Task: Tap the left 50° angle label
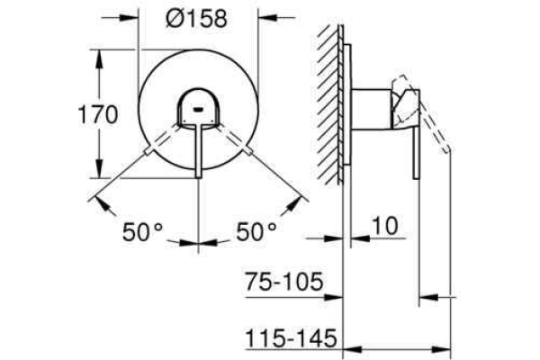pos(142,232)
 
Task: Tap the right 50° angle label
pos(256,232)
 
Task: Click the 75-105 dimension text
pos(283,283)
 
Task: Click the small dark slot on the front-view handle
pos(200,112)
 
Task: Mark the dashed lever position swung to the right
pos(240,142)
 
